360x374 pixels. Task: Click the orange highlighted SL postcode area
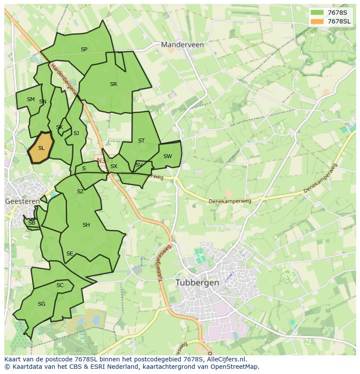(41, 148)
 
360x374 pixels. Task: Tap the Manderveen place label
(182, 44)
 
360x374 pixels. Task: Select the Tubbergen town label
(197, 282)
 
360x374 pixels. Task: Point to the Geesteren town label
(22, 201)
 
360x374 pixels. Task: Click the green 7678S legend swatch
(317, 13)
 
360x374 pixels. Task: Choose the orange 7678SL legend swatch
(317, 21)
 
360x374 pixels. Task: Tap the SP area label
(84, 50)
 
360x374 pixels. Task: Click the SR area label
(113, 84)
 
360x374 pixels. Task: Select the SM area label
(30, 99)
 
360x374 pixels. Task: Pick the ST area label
(141, 141)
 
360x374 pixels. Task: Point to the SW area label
(167, 156)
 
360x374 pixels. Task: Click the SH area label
(86, 225)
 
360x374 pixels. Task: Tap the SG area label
(41, 304)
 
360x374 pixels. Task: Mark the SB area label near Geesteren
(31, 223)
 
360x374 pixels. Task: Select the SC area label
(60, 285)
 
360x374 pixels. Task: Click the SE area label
(70, 254)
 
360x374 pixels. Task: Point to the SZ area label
(80, 192)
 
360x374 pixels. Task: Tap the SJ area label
(76, 133)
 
